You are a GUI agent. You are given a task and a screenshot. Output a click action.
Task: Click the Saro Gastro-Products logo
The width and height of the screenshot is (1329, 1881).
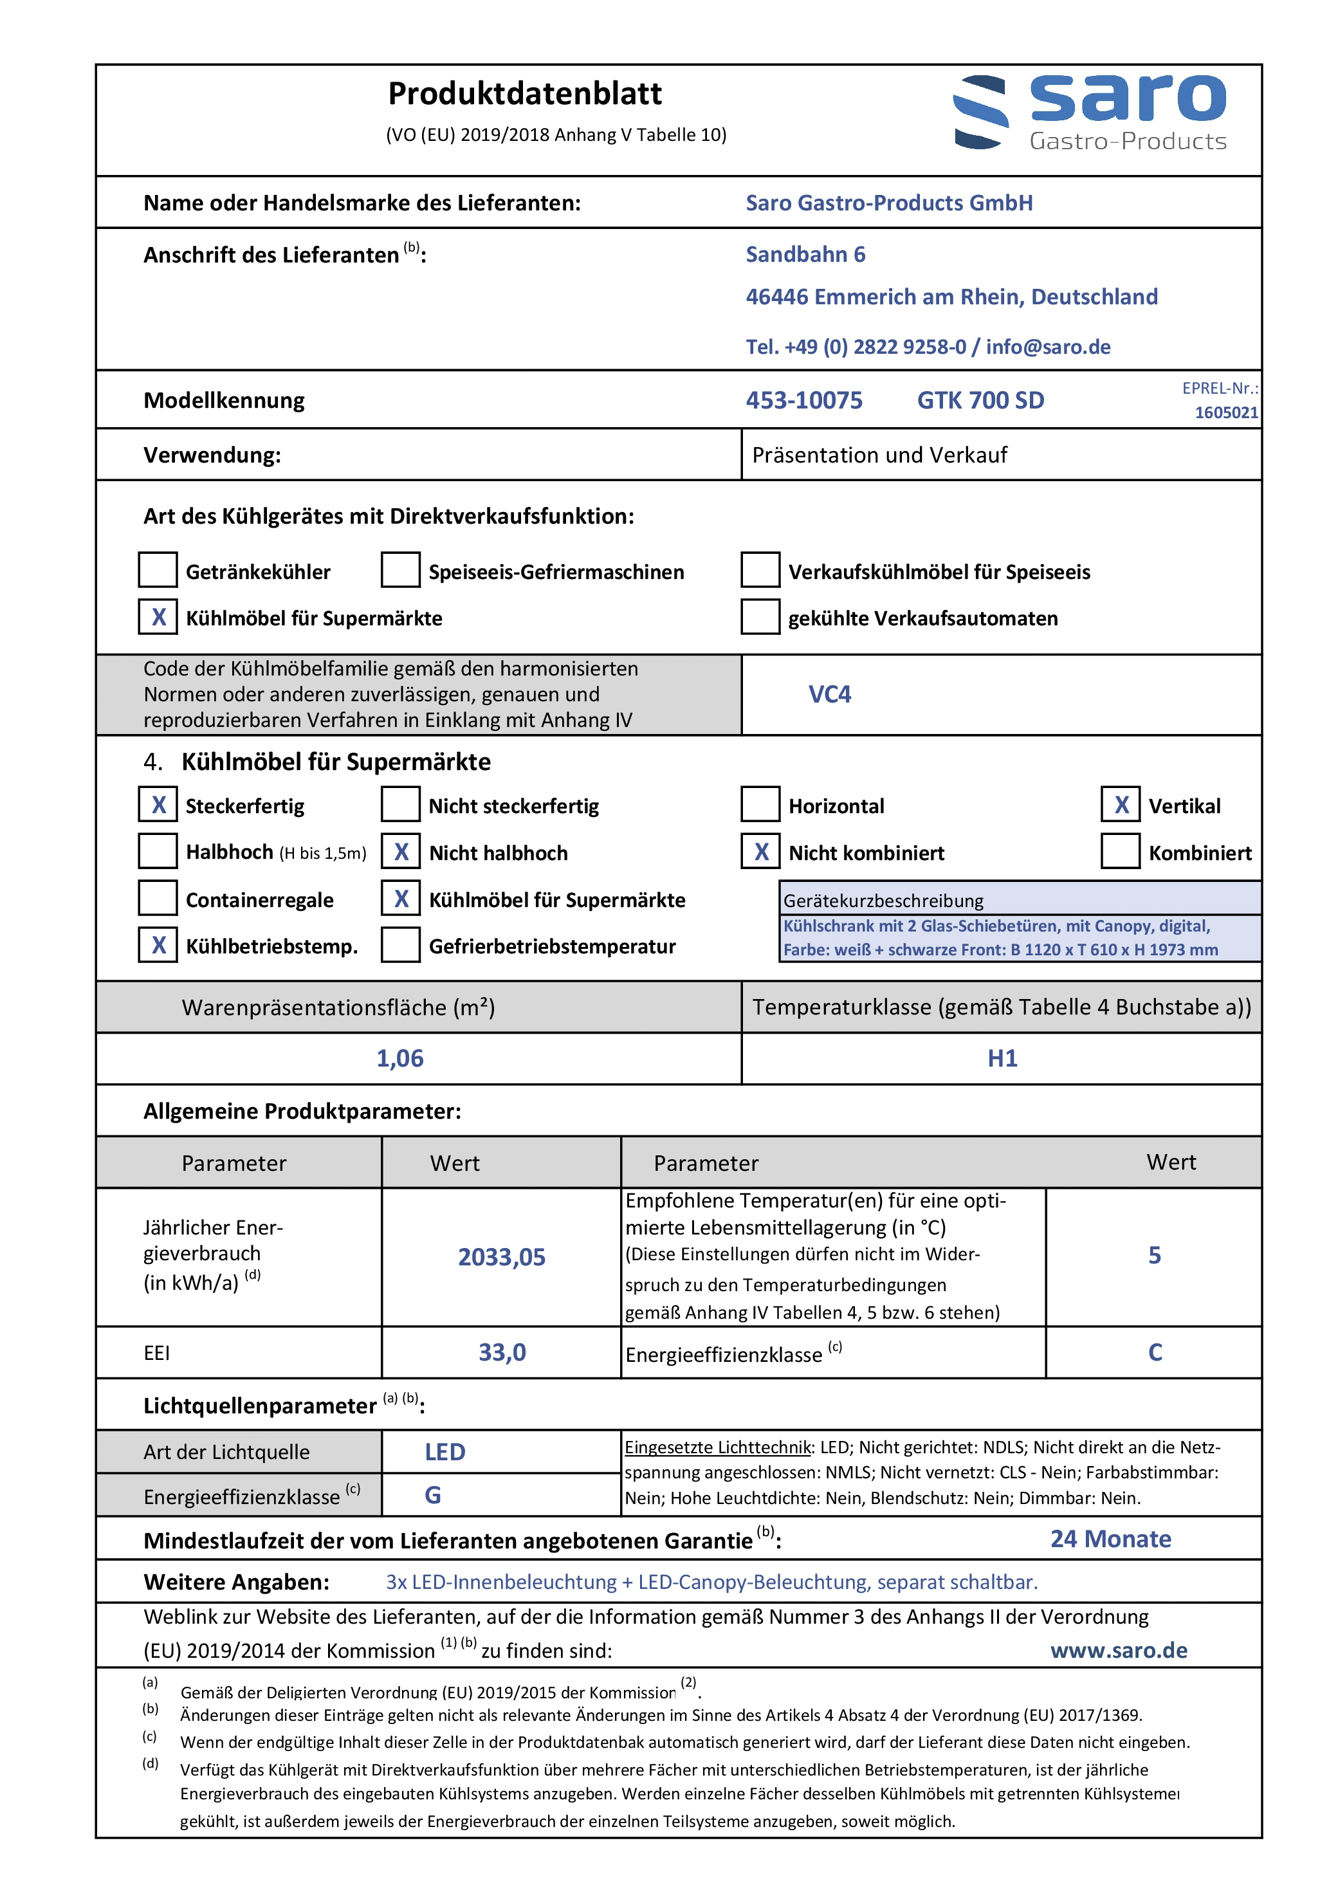coord(1090,113)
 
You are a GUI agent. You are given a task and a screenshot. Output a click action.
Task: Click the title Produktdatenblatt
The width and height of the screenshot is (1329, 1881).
coord(524,94)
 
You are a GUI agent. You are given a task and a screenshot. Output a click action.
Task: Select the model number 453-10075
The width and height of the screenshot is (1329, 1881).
coord(804,401)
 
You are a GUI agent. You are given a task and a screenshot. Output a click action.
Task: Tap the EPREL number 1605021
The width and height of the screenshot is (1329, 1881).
coord(1226,412)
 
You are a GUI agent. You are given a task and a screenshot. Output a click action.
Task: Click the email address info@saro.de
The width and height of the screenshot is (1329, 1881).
coord(1048,347)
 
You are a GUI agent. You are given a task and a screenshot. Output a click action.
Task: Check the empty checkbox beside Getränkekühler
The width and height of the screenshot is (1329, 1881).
coord(158,570)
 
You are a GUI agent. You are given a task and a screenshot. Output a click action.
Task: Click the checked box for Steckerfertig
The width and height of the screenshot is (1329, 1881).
coord(158,805)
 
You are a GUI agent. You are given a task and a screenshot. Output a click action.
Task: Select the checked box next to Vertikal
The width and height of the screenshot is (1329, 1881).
coord(1121,805)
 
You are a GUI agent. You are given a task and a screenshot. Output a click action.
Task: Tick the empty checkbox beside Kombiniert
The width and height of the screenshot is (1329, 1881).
coord(1121,852)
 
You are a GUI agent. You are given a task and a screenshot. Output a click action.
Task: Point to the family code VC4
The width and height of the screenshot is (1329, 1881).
coord(829,695)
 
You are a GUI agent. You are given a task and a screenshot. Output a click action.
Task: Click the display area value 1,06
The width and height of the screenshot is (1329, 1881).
coord(400,1058)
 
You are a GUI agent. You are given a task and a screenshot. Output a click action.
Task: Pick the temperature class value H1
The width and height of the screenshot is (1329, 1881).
coord(1002,1058)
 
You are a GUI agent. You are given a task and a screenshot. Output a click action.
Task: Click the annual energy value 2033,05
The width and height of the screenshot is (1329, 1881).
coord(502,1258)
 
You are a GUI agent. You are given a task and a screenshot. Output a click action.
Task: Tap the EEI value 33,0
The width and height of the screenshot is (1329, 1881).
coord(502,1353)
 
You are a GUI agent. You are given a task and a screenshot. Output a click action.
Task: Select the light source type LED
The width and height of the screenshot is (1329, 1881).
coord(445,1453)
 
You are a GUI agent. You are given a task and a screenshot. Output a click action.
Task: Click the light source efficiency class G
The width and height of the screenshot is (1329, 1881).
coord(433,1496)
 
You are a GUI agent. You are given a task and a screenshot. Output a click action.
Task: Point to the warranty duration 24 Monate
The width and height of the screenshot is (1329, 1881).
coord(1110,1539)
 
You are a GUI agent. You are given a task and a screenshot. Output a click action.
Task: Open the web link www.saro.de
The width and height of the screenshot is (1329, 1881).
coord(1119,1651)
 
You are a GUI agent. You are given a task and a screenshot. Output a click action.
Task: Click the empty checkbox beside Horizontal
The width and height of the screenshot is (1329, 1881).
coord(760,805)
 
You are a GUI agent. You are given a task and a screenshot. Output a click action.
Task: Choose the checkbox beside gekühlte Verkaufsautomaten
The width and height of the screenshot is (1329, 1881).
coord(760,617)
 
